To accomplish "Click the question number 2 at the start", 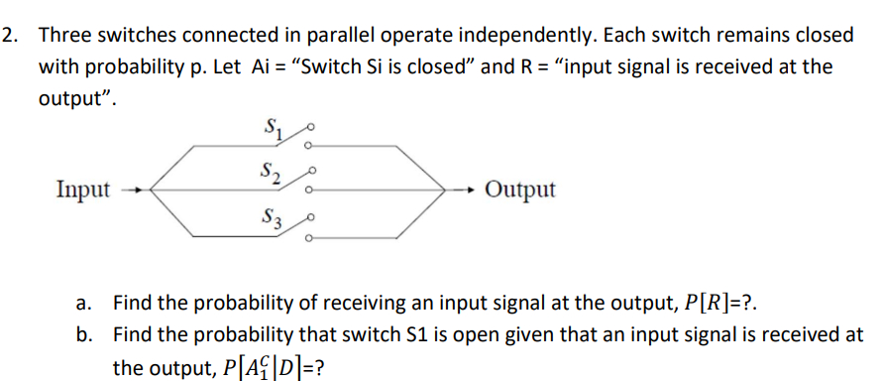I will pos(9,36).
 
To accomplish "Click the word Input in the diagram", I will pos(83,190).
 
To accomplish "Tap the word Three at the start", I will pos(65,36).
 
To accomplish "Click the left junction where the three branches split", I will pos(151,190).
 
